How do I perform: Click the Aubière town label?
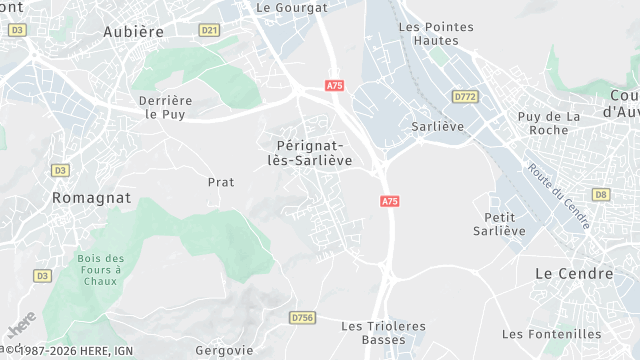[x=133, y=32]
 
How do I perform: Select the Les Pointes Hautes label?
[x=428, y=34]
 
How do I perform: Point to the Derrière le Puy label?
[x=166, y=107]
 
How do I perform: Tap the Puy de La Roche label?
[x=549, y=123]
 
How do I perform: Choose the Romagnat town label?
[x=91, y=198]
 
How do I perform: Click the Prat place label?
[x=220, y=182]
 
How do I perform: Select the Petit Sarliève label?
[x=499, y=224]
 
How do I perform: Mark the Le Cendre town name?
[x=574, y=273]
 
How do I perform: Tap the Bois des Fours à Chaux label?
[x=99, y=270]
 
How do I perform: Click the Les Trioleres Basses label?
[x=383, y=333]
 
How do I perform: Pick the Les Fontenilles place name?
[x=552, y=334]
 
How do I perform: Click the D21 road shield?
[x=209, y=30]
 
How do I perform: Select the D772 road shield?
[x=464, y=97]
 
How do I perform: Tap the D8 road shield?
[x=600, y=194]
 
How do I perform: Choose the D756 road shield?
[x=302, y=317]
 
